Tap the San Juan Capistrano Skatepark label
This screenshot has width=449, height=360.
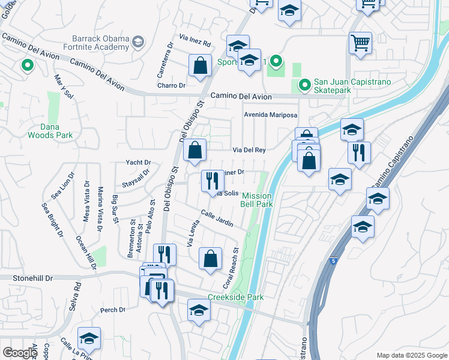(x=350, y=86)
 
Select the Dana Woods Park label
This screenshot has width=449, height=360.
(x=50, y=131)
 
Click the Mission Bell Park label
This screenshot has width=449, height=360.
(x=257, y=200)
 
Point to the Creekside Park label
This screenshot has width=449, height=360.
(x=235, y=297)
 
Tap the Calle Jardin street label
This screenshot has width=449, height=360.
(x=217, y=218)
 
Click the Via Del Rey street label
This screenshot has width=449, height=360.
(x=249, y=150)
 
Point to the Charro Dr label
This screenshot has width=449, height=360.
(x=172, y=85)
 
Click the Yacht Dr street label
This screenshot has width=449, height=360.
(x=138, y=162)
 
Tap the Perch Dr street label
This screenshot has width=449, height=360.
(x=113, y=310)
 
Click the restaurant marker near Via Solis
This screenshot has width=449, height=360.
(x=212, y=180)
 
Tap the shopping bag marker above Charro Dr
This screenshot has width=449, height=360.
(x=199, y=65)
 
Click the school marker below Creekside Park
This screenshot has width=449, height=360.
(x=199, y=310)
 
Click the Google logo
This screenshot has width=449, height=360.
(x=20, y=353)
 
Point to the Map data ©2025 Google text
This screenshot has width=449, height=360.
(x=412, y=355)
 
